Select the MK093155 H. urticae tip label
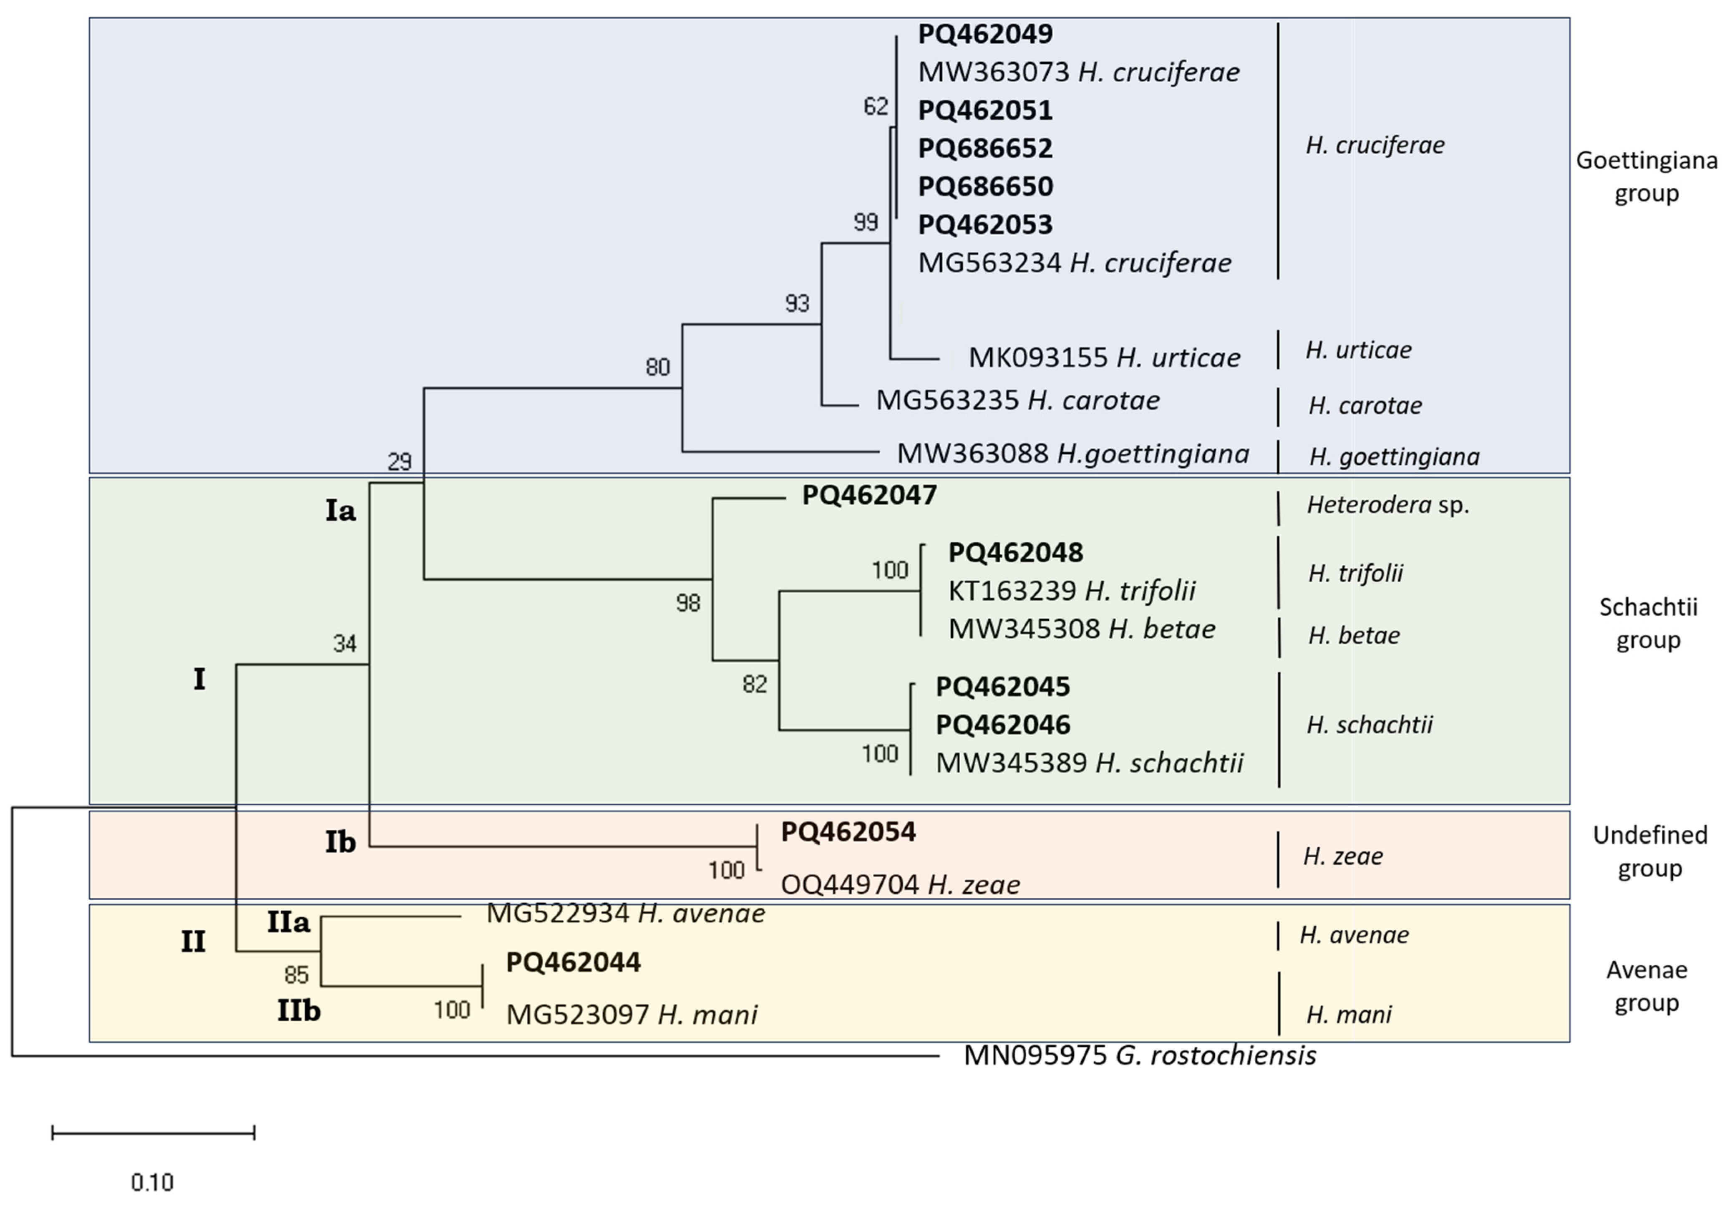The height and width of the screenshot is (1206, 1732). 1104,358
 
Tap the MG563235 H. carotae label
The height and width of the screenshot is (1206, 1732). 1017,400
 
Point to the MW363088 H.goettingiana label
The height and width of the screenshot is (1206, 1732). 1072,454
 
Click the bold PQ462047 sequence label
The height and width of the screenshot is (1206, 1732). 869,496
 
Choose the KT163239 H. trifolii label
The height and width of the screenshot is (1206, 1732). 1071,591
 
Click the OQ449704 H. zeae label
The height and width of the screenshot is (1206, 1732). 900,884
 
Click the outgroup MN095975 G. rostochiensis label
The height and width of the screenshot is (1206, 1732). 1139,1055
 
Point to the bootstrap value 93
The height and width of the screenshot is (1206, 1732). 797,303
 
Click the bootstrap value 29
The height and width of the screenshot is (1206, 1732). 399,461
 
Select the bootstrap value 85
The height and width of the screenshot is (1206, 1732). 297,975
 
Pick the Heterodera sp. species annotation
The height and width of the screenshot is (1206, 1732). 1387,505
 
